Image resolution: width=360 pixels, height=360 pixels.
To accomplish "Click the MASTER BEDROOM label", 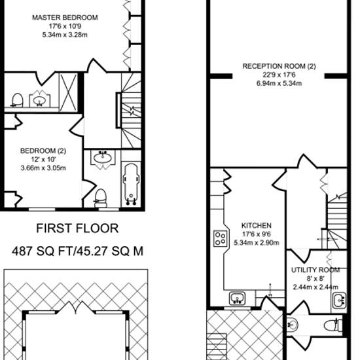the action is pos(65,18).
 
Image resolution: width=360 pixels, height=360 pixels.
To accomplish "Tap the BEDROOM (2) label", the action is pos(43,151).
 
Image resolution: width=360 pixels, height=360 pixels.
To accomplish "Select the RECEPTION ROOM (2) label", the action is pos(279,66).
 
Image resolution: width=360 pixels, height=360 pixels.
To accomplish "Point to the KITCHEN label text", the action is pos(257,225).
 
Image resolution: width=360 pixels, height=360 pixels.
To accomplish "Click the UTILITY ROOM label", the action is pos(315,270).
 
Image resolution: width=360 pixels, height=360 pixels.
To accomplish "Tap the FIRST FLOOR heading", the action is pos(77,228).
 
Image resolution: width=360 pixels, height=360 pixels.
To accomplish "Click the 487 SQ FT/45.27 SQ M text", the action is pos(77,251).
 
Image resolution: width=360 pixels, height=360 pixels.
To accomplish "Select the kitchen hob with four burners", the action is pos(221,238).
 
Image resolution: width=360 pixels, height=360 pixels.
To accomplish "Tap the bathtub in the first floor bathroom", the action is pos(131,185).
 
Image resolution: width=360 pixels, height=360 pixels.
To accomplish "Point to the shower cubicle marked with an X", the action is pos(69,92).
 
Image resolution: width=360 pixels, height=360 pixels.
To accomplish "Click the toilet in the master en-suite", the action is pos(17,100).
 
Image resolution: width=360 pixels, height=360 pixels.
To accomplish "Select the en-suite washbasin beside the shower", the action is pos(39,99).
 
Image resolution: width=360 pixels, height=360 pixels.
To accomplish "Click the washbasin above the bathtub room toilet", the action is pos(102,158).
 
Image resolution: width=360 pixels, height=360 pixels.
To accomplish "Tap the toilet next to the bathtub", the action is pos(101,198).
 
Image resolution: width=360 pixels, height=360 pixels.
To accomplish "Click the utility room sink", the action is pos(339,300).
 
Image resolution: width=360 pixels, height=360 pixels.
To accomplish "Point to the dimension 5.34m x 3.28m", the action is pos(65,35).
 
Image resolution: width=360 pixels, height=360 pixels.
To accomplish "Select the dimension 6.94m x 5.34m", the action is pos(279,83).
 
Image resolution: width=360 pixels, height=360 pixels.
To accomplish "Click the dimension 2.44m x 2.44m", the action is pos(315,287).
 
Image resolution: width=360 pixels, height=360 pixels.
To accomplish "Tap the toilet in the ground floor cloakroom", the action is pos(333,325).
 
